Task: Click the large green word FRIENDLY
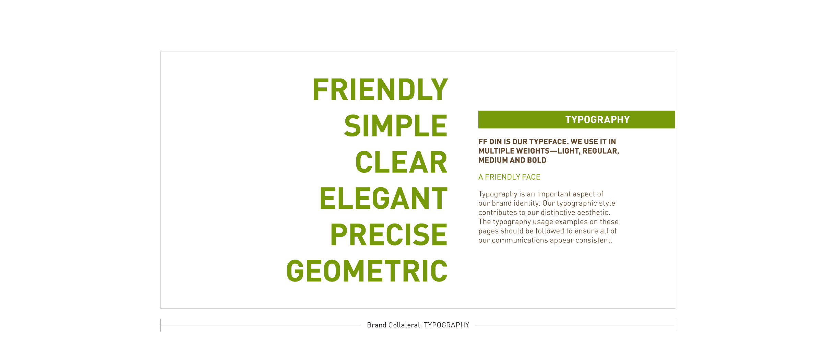point(380,89)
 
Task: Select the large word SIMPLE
point(396,126)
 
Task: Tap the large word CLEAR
point(402,162)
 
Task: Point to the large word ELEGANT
point(384,199)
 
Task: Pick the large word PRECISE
point(389,235)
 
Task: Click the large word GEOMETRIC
point(367,271)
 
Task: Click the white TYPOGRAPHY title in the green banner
point(597,120)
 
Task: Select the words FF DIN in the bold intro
point(490,142)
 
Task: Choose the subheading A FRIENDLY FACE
point(509,177)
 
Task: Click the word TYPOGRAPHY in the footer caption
point(446,325)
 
